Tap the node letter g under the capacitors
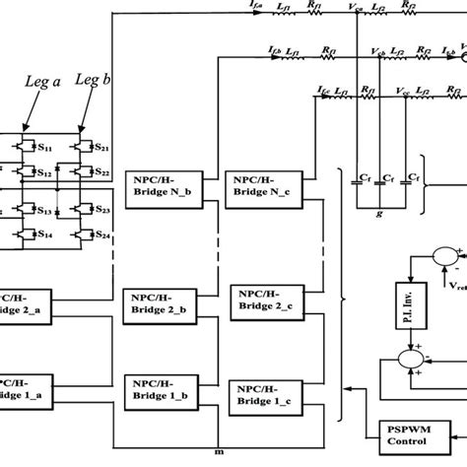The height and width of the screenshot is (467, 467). [378, 213]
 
